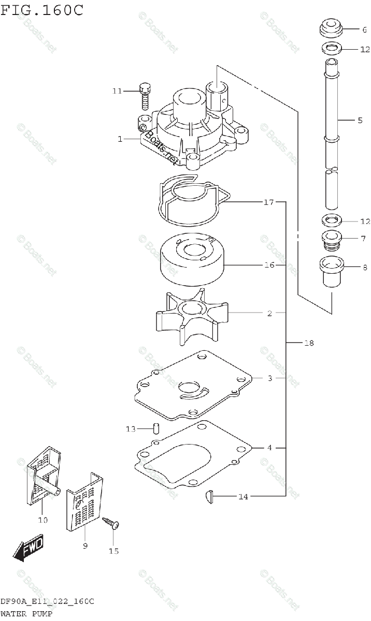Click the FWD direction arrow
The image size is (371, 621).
point(29,549)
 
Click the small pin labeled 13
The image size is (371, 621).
point(155,428)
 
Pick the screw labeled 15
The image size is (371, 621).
point(112,525)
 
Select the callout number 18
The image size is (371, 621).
point(309,343)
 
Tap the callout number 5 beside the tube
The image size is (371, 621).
point(360,120)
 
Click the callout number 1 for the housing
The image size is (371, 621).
point(120,139)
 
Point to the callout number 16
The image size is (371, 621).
point(268,265)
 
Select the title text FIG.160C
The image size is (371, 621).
point(41,9)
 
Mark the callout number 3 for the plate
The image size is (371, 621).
point(269,378)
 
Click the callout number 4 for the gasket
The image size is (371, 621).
point(269,447)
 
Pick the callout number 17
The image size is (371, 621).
point(268,202)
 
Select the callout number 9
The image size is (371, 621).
point(84,545)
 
